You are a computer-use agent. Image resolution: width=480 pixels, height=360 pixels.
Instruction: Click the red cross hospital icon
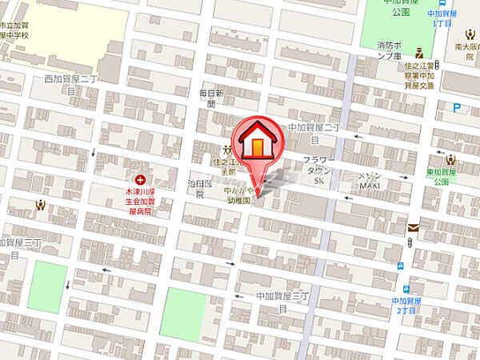141,180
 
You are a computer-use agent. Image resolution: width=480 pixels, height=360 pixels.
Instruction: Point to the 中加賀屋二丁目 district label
314,131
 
